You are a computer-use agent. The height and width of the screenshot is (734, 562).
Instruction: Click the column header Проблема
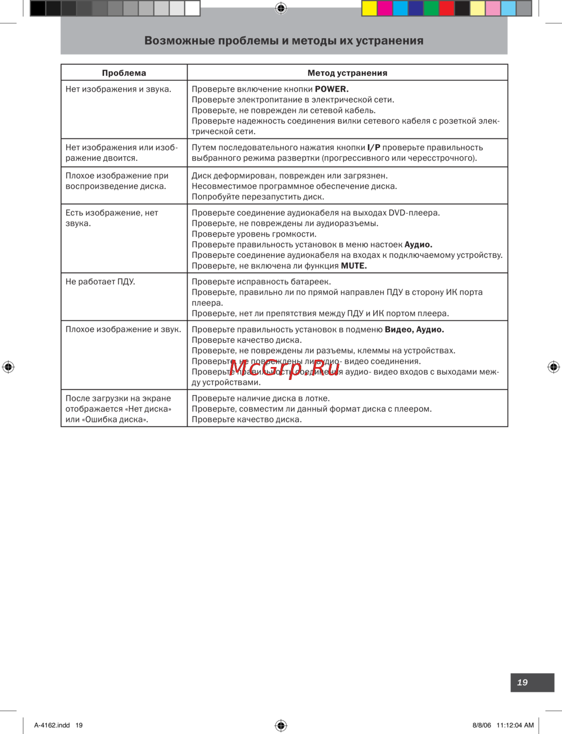[124, 73]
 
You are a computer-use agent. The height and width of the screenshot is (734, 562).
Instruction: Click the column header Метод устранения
[347, 73]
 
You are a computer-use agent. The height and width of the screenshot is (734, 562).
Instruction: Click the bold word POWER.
[332, 89]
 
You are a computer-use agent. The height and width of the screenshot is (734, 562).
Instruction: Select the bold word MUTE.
[353, 266]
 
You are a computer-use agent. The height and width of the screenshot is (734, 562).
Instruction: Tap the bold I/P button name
[374, 147]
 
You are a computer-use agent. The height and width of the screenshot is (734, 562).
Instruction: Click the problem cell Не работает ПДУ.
[100, 282]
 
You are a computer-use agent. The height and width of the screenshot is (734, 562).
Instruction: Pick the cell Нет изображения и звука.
[118, 89]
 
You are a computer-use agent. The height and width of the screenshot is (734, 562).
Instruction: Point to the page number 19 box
[532, 682]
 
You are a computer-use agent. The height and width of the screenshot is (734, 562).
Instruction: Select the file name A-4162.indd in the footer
[52, 725]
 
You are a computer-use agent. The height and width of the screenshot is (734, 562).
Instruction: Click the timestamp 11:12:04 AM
[515, 725]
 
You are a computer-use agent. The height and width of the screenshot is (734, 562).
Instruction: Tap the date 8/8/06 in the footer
[482, 725]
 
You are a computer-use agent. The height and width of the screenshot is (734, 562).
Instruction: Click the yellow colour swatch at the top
[369, 8]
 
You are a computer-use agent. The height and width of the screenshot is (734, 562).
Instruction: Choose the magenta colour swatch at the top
[385, 8]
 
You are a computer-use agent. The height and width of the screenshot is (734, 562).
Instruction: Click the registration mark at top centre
[281, 8]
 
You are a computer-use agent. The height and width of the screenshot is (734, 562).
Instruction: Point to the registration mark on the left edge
[8, 367]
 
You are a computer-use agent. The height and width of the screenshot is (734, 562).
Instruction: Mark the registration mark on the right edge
[554, 367]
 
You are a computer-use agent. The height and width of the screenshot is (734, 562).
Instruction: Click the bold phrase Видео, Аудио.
[414, 329]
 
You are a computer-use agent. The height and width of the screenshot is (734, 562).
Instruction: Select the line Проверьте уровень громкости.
[254, 234]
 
